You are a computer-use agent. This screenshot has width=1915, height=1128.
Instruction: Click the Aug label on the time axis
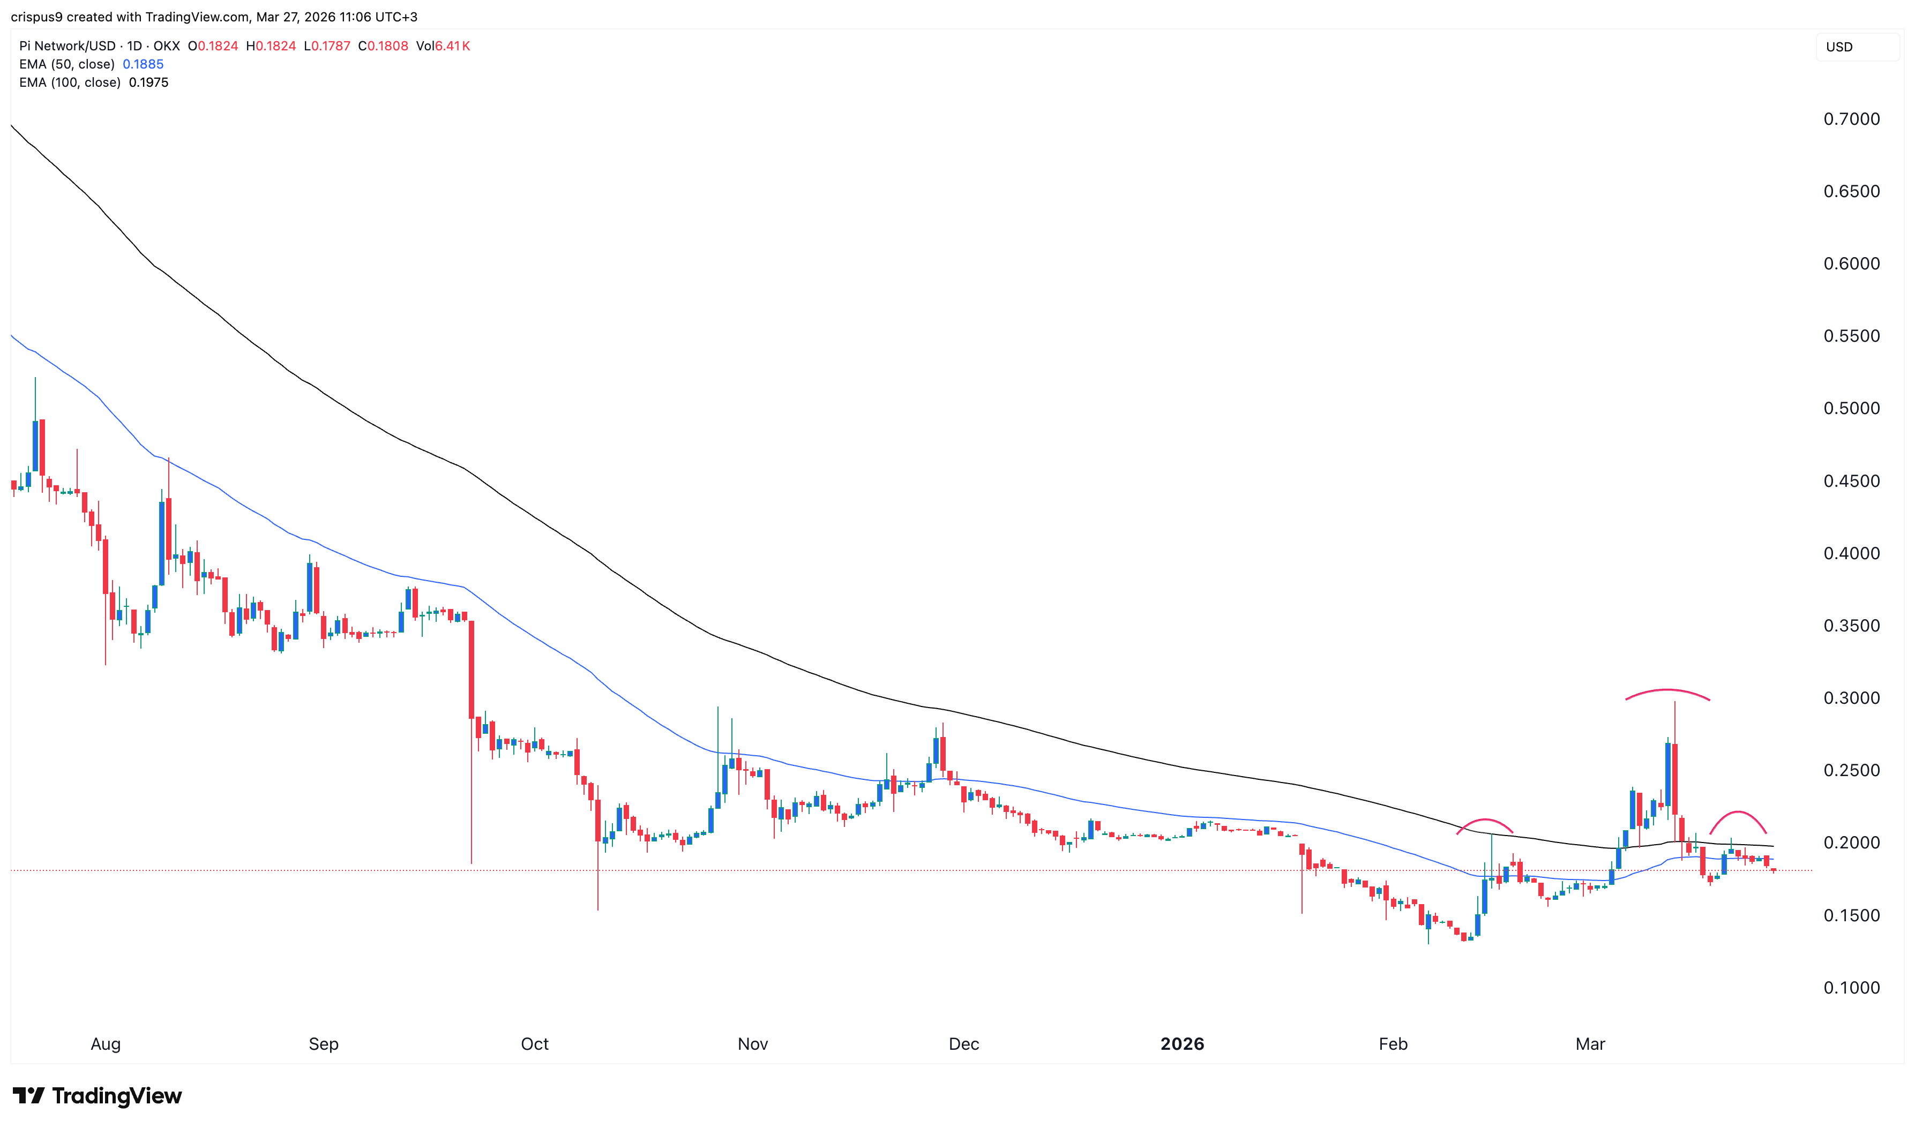[106, 1043]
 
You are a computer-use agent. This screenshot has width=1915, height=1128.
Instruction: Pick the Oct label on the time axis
[534, 1043]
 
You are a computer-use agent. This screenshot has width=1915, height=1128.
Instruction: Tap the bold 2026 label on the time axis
[1181, 1043]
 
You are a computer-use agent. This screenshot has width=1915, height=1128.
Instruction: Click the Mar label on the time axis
[1590, 1043]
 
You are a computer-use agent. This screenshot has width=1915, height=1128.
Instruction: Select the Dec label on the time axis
[963, 1043]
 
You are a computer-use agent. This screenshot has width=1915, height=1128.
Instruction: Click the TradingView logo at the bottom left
[98, 1095]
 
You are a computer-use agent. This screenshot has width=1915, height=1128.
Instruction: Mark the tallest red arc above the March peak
[1667, 690]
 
